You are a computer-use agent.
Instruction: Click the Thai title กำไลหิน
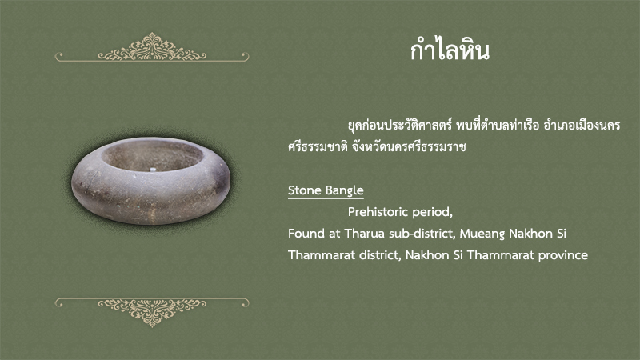450,50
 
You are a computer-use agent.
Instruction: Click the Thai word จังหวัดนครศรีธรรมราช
409,146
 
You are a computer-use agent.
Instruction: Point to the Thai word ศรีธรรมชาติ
318,146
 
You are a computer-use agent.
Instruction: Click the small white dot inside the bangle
153,170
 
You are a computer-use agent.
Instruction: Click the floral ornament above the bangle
152,47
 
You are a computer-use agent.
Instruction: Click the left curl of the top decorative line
58,55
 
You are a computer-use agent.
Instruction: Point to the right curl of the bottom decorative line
246,303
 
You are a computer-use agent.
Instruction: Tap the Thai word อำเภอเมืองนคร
582,126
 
